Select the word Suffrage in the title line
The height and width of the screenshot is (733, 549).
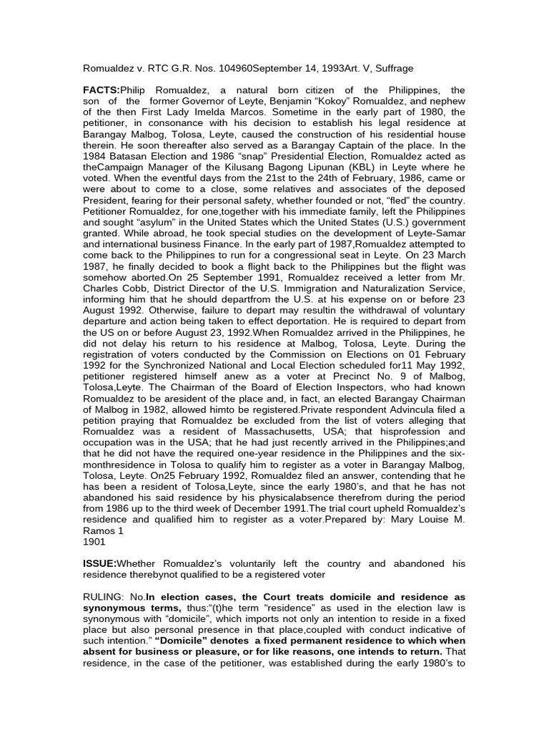coord(392,68)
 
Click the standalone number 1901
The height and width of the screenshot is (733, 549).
coord(95,542)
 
